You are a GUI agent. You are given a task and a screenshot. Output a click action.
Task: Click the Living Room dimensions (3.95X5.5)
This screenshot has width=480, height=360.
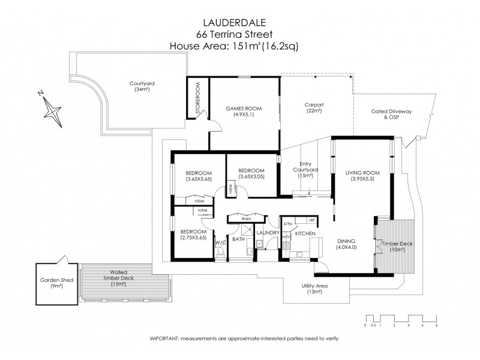pos(362,178)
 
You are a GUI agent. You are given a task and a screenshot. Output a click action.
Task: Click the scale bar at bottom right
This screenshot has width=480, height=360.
pos(401,319)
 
